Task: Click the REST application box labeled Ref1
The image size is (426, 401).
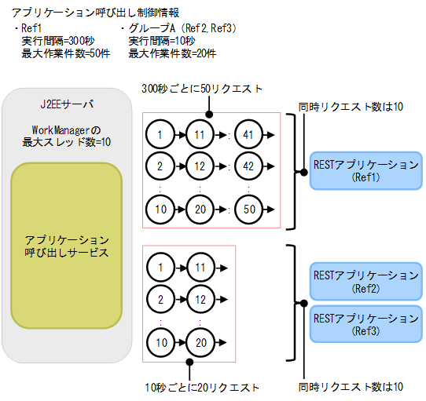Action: pyautogui.click(x=365, y=171)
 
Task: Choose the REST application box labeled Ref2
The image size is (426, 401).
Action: pyautogui.click(x=365, y=281)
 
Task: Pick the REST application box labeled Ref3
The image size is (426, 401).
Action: pyautogui.click(x=365, y=323)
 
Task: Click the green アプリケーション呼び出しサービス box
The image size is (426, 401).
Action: pyautogui.click(x=67, y=246)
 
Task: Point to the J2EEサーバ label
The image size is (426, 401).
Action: pyautogui.click(x=67, y=104)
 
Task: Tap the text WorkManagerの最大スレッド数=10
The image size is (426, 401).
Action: pyautogui.click(x=67, y=134)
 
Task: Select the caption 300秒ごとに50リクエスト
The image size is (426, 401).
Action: pyautogui.click(x=202, y=89)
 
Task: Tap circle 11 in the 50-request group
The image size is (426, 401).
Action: pyautogui.click(x=200, y=135)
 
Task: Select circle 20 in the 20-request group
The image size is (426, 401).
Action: pyautogui.click(x=200, y=342)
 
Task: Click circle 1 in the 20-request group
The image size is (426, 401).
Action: pyautogui.click(x=160, y=268)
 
